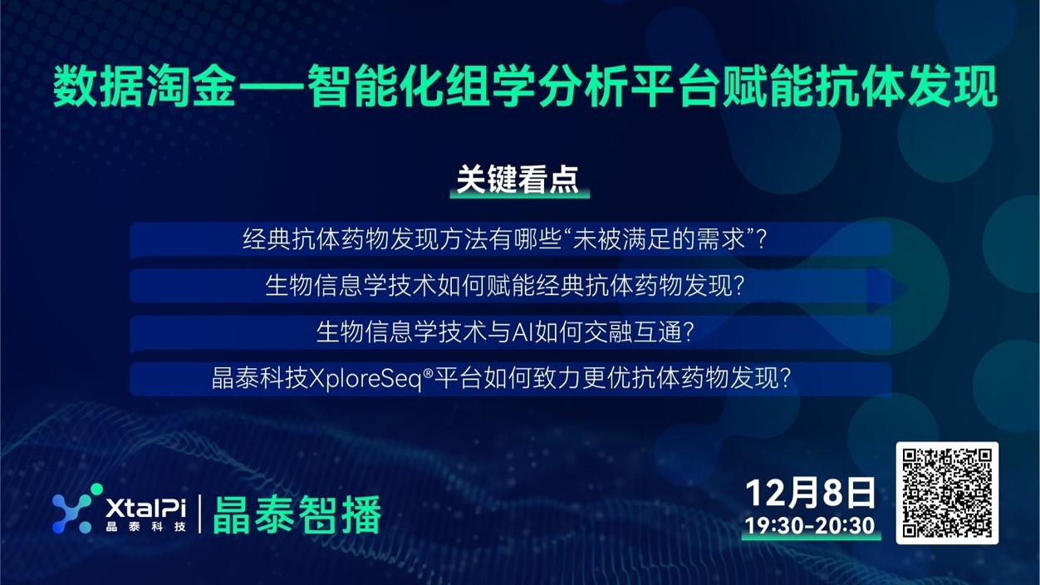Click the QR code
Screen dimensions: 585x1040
click(947, 493)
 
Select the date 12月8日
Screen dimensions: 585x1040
click(810, 493)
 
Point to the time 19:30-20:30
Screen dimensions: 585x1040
click(810, 526)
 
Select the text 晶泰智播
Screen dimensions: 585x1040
click(297, 515)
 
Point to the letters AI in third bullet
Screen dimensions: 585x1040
click(522, 332)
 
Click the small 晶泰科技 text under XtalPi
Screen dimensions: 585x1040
click(145, 527)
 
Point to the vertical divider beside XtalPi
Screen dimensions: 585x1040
click(199, 513)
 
